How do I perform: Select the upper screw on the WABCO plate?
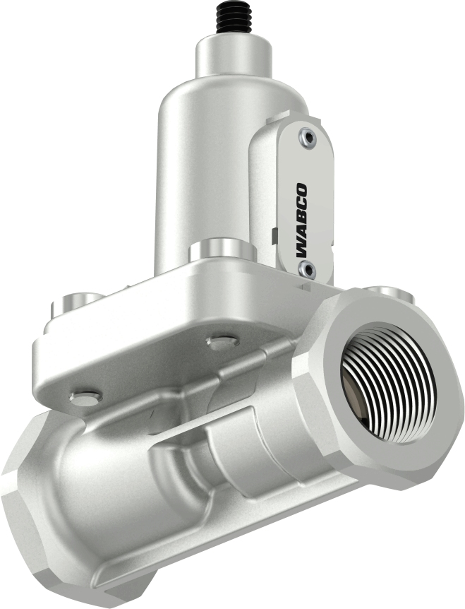pos(304,138)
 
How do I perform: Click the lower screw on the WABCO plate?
pos(305,268)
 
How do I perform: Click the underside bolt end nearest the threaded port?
pos(221,342)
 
